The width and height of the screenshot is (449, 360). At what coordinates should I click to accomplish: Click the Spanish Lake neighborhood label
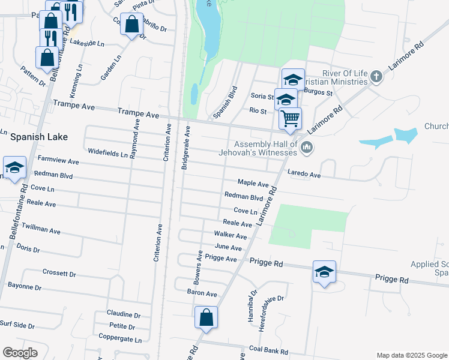(38, 137)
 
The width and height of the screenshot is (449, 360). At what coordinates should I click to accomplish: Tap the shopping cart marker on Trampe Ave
(291, 118)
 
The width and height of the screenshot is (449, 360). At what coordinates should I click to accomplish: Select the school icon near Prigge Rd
(324, 272)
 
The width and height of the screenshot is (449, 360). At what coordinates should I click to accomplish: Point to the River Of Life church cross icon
(376, 76)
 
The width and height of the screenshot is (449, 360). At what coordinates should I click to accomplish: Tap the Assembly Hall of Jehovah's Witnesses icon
(307, 146)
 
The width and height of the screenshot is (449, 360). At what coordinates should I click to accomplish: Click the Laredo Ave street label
(304, 175)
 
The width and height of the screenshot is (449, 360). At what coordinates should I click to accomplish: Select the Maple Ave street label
(253, 182)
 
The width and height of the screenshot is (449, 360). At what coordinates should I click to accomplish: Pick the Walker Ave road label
(231, 236)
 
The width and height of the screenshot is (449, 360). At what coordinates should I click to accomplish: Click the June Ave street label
(228, 248)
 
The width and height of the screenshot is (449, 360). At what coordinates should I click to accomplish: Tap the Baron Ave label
(202, 293)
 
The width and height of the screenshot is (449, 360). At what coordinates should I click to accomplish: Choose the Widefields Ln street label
(107, 153)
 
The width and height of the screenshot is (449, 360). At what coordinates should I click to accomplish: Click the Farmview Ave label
(58, 161)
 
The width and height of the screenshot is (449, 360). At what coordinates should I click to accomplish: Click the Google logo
(20, 353)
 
